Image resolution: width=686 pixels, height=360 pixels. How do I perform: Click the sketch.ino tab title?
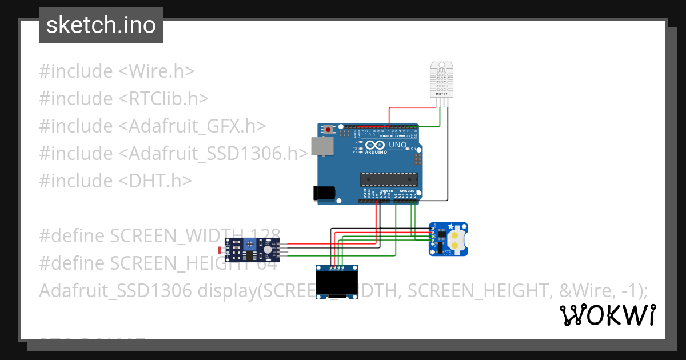tap(101, 25)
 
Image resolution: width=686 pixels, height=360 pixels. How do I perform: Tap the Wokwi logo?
tap(607, 315)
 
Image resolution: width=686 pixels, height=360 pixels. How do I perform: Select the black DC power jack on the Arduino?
tap(324, 193)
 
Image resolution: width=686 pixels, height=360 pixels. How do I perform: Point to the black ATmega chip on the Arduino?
tap(386, 179)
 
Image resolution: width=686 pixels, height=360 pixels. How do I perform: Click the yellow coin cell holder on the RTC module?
tap(457, 239)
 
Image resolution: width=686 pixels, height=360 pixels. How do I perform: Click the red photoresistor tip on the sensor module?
tap(221, 250)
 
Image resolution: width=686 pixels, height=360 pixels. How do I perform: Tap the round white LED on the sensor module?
tap(268, 249)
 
